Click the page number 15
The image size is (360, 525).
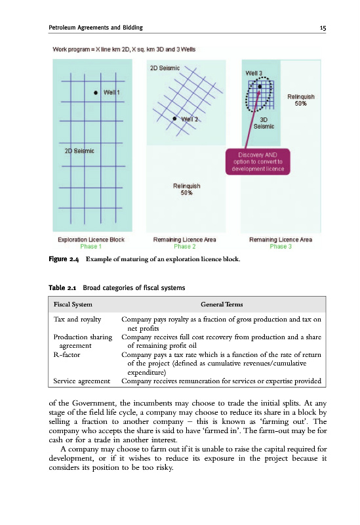point(323,28)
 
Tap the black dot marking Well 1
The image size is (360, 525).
point(96,93)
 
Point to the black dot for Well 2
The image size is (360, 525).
point(174,119)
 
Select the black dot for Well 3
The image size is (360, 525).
point(260,87)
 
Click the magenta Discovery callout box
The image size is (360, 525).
point(258,161)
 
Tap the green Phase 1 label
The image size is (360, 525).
point(90,247)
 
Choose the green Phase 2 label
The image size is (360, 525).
point(185,247)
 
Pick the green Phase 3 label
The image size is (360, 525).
point(281,247)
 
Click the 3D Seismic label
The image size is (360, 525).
point(264,123)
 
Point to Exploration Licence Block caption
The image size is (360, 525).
point(91,240)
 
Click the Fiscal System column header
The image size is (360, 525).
point(73,304)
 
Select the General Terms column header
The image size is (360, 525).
point(222,304)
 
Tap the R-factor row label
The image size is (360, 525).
point(67,354)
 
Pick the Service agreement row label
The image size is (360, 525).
point(81,381)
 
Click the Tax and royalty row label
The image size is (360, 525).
point(77,320)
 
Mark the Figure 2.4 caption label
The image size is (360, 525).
point(64,259)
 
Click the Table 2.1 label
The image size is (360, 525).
point(62,288)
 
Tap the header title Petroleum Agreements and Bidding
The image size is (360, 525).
point(96,28)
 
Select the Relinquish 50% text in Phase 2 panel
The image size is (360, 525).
point(186,189)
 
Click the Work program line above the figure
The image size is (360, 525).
point(124,50)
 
